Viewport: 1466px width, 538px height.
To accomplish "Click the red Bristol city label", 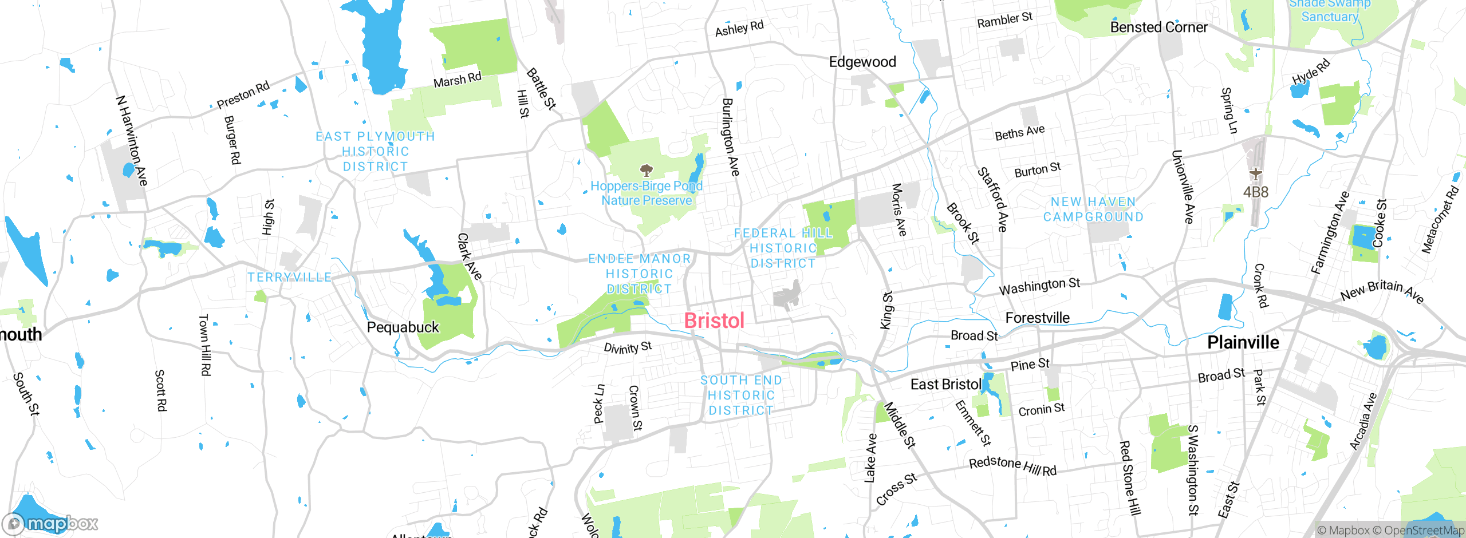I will click(x=714, y=321).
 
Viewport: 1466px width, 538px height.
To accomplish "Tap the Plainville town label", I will click(x=1243, y=342).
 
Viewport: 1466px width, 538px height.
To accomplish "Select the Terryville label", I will click(x=289, y=278).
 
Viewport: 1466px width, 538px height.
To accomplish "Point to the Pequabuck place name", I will click(x=403, y=327).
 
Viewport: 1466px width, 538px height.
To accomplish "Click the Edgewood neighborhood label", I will click(x=862, y=62).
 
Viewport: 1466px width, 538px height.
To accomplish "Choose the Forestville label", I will click(x=1037, y=318).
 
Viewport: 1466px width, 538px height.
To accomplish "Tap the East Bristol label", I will click(x=945, y=385).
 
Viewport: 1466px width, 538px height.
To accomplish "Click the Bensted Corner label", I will click(x=1158, y=27).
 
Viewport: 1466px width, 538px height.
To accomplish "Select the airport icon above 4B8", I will click(x=1255, y=173).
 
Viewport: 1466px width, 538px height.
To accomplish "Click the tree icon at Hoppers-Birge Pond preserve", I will click(x=647, y=170).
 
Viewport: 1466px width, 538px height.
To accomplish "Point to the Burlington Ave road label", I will click(x=731, y=137).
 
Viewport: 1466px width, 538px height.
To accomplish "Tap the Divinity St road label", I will click(x=628, y=347).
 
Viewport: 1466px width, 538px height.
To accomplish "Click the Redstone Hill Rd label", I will click(x=1012, y=466).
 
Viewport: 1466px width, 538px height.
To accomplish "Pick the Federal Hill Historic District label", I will click(x=783, y=248).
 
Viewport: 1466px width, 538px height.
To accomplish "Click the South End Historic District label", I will click(x=741, y=395).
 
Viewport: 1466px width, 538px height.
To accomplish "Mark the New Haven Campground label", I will click(x=1093, y=209).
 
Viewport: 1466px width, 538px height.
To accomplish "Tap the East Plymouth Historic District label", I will click(x=375, y=152).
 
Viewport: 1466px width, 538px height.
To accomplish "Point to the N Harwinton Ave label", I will click(x=132, y=141).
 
